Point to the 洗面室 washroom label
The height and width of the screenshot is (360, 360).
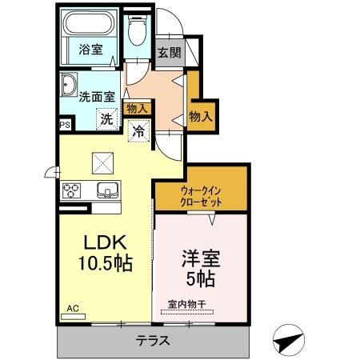96,96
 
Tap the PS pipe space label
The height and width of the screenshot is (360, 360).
64,125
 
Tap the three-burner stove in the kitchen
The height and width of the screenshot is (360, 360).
72,190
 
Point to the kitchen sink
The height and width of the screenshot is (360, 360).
106,190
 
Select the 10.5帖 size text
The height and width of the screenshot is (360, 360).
103,262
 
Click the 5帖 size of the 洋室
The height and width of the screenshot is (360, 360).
201,279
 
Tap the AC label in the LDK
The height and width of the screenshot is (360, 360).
73,308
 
